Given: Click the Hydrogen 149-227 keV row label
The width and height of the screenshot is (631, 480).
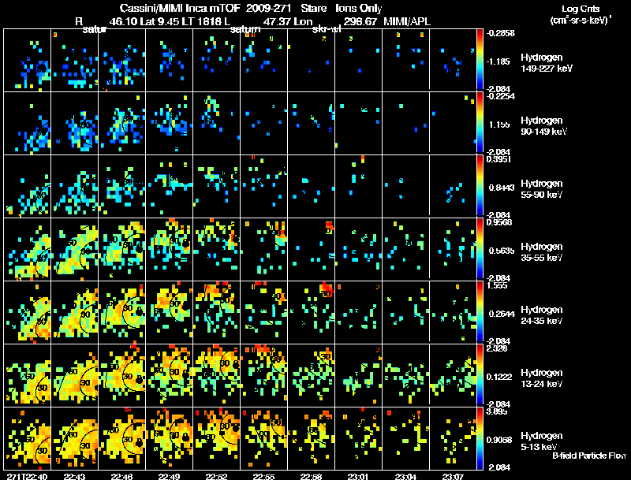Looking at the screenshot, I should point(544,63).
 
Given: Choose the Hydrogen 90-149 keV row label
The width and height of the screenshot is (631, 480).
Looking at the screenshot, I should point(544,126).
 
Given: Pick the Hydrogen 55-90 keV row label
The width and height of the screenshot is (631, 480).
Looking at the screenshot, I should point(544,189).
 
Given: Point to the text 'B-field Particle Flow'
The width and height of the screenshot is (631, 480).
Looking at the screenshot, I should point(588,456).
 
